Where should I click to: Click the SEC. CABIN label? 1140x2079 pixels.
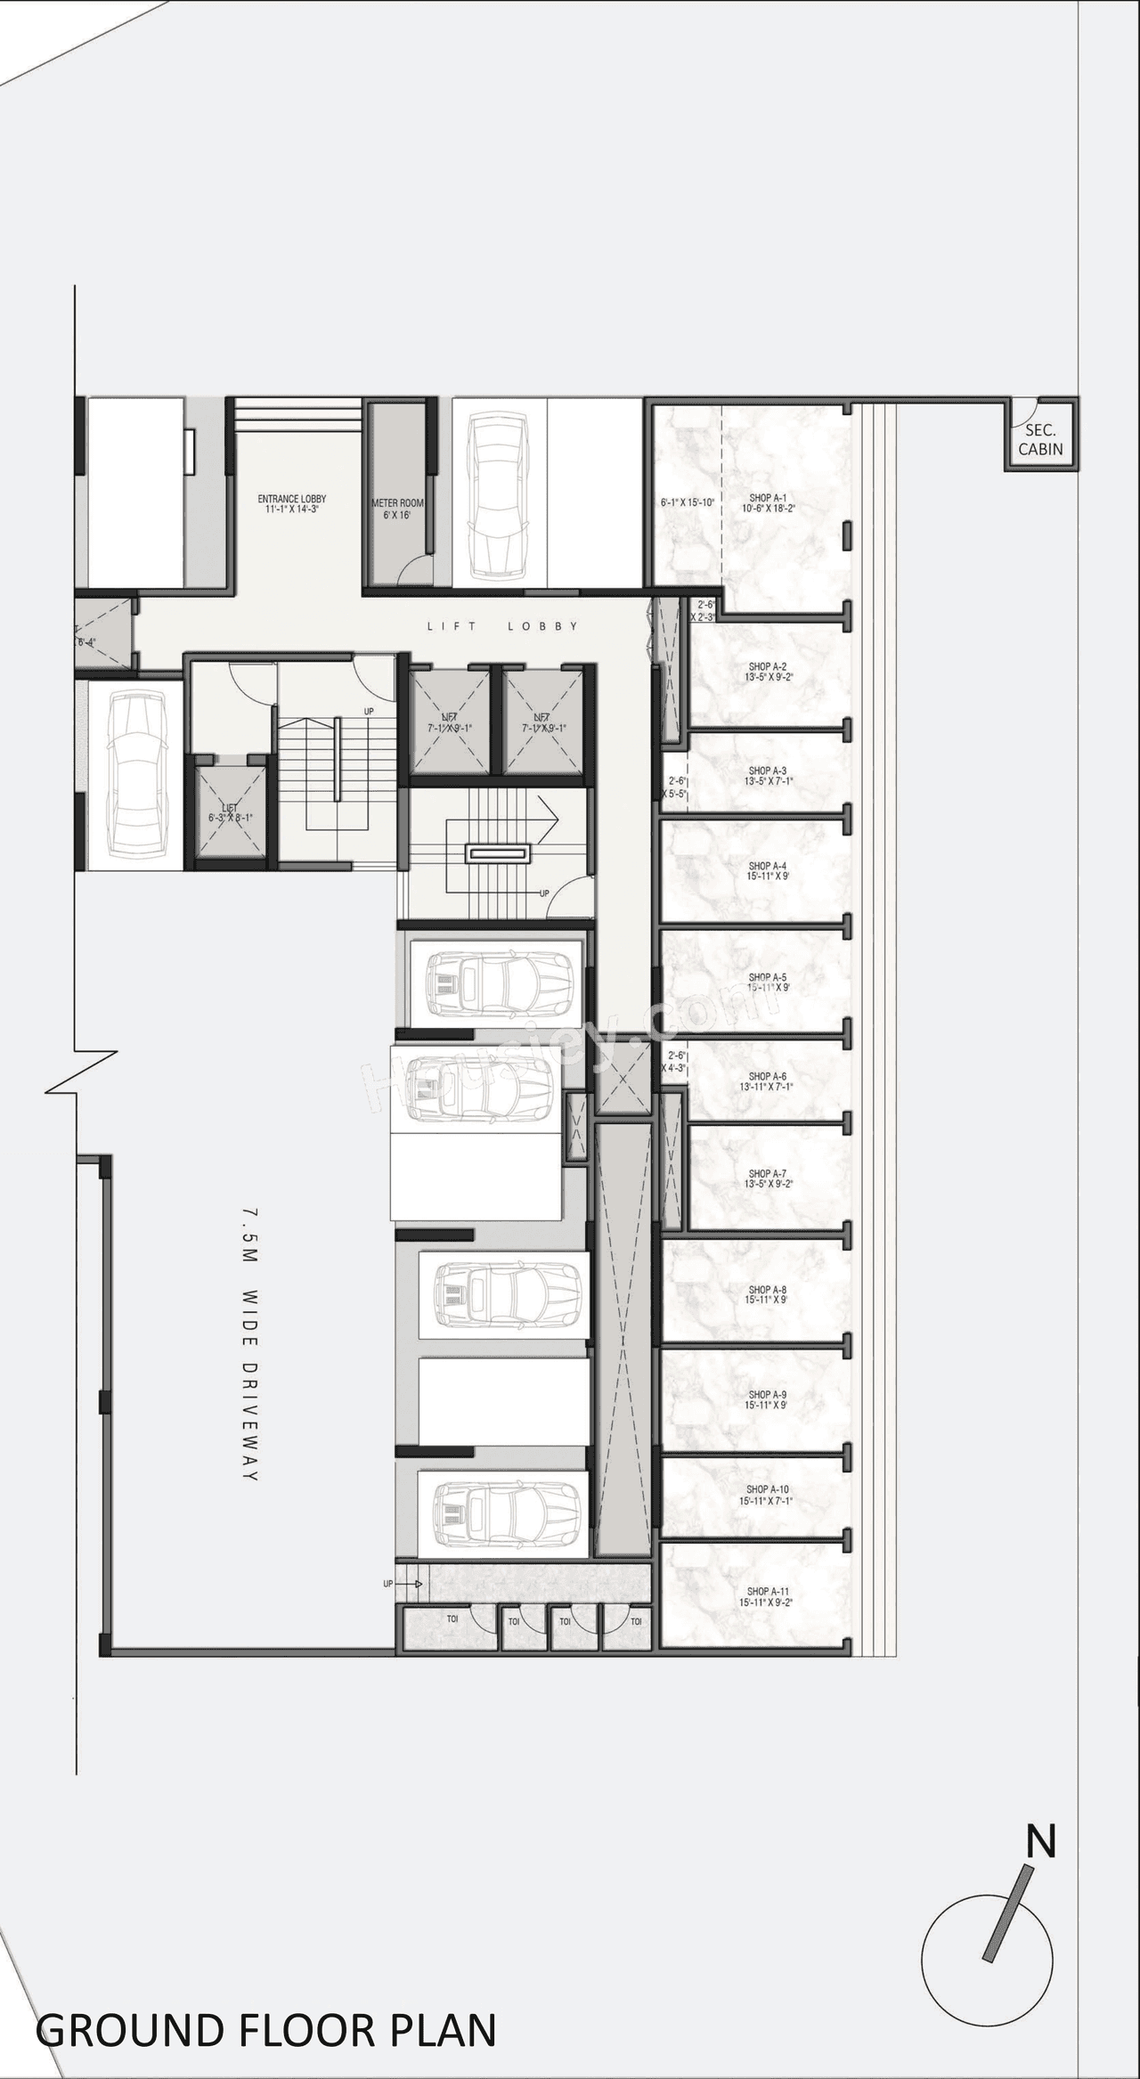pyautogui.click(x=1040, y=440)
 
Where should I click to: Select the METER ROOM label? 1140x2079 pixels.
pyautogui.click(x=397, y=509)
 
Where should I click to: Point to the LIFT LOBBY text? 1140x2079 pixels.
pyautogui.click(x=503, y=626)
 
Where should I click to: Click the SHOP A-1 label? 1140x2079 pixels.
pyautogui.click(x=767, y=503)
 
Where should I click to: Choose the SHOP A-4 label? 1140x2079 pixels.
pyautogui.click(x=767, y=870)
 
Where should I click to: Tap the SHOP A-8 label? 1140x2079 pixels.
pyautogui.click(x=767, y=1294)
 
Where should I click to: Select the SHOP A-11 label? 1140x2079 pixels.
pyautogui.click(x=767, y=1596)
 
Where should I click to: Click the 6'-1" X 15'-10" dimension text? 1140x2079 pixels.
pyautogui.click(x=688, y=502)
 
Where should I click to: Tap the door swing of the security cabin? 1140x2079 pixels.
pyautogui.click(x=1024, y=410)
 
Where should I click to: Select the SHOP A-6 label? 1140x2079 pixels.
pyautogui.click(x=767, y=1081)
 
